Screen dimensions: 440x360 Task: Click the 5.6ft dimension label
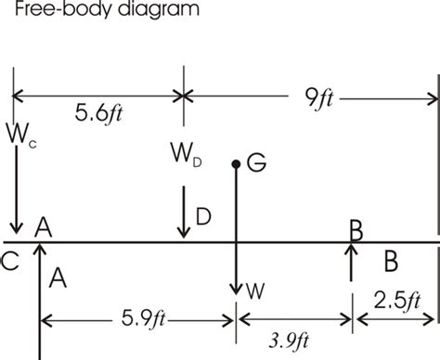[98, 113]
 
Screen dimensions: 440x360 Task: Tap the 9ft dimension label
[319, 98]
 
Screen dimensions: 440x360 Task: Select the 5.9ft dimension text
[143, 318]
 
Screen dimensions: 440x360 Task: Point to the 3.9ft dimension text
[289, 341]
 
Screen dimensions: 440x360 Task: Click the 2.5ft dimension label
[397, 301]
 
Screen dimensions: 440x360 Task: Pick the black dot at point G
[236, 164]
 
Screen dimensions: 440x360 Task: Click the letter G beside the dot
[256, 162]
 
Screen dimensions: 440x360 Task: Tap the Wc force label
[21, 134]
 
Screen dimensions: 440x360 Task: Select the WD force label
[186, 154]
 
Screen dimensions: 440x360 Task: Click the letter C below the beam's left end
[10, 262]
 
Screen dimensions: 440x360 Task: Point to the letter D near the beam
[203, 216]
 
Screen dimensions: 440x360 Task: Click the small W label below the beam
[255, 291]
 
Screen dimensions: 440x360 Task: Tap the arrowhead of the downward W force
[236, 290]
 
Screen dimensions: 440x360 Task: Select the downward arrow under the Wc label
[16, 189]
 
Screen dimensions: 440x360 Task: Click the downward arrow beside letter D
[184, 212]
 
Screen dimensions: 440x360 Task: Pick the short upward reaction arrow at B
[351, 263]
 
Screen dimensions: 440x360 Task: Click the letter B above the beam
[356, 230]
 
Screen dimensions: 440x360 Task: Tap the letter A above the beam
[44, 227]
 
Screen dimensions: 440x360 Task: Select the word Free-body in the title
[63, 8]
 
